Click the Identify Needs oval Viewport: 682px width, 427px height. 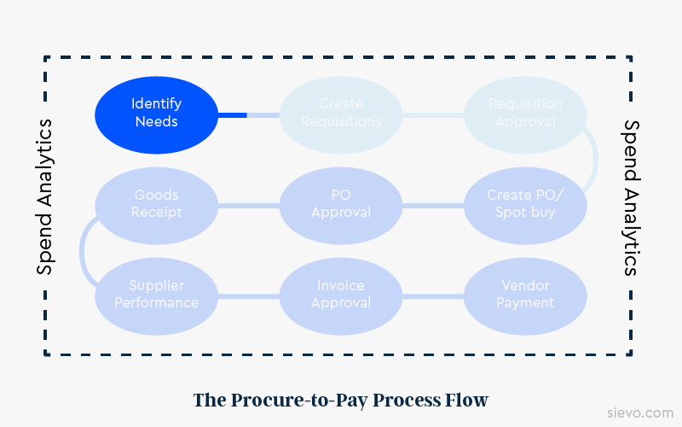[156, 113]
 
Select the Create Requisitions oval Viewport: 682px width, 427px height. [341, 113]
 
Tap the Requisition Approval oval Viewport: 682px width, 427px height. [525, 113]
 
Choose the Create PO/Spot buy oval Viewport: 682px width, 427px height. [525, 204]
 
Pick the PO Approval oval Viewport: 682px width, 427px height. [341, 204]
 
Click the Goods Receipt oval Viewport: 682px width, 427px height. [156, 204]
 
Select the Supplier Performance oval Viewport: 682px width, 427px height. [156, 295]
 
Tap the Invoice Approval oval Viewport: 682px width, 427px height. [341, 295]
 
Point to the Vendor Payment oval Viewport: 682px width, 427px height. [525, 295]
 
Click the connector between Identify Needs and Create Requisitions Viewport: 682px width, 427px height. [248, 114]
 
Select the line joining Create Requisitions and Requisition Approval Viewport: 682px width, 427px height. [433, 114]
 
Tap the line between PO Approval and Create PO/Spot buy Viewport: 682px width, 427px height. [433, 205]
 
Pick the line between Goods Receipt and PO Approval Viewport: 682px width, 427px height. [248, 205]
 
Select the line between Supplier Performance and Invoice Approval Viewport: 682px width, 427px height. [248, 295]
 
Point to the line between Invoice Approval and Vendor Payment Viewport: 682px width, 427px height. [433, 295]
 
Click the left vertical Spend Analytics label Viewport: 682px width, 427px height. [44, 197]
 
